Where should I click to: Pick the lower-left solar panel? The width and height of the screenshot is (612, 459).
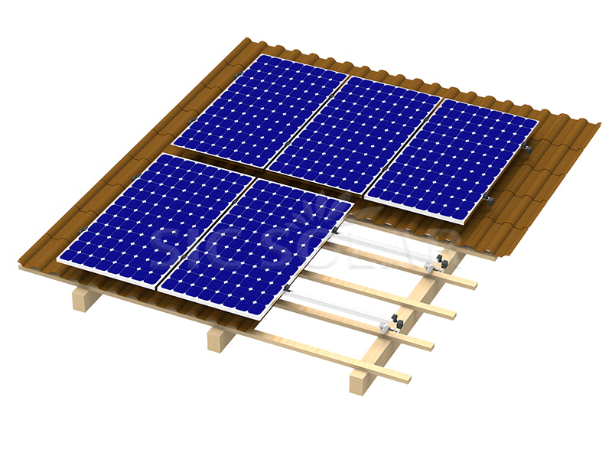(x=156, y=218)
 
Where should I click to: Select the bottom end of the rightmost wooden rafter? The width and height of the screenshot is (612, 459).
(x=358, y=382)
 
